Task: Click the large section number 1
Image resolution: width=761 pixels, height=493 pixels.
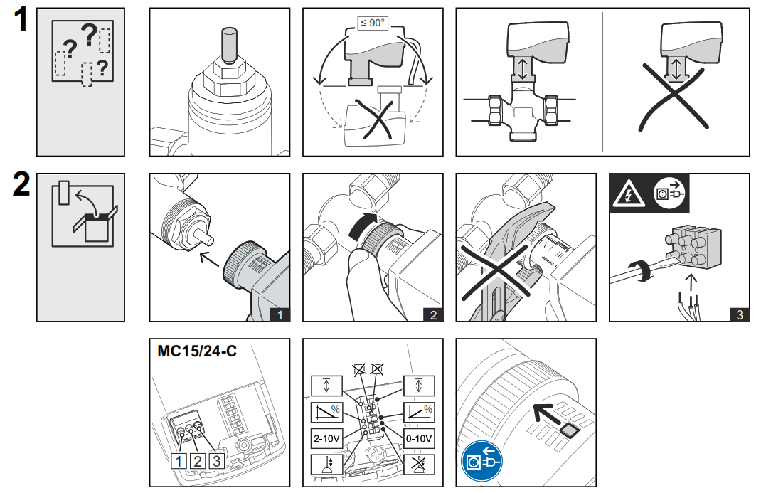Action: click(21, 20)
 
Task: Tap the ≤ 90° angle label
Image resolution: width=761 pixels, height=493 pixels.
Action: click(372, 23)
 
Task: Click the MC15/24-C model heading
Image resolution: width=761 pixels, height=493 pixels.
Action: click(197, 351)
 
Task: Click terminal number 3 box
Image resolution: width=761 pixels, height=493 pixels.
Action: click(215, 461)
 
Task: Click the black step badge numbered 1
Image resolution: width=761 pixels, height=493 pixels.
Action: click(280, 314)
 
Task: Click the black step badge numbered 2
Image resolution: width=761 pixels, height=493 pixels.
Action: click(433, 314)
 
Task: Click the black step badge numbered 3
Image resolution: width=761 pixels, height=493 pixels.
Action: click(739, 314)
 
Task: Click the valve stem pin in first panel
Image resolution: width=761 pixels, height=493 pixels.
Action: click(228, 44)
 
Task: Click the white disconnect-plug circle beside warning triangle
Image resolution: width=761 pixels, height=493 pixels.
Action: click(669, 194)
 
